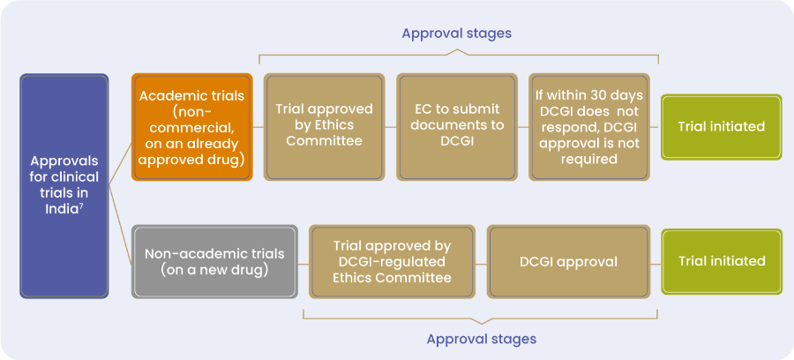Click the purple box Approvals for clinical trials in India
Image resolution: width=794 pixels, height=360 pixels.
(x=64, y=186)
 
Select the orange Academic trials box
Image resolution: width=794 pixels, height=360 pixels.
(x=192, y=127)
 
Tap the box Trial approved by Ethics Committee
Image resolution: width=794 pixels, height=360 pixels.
(x=324, y=127)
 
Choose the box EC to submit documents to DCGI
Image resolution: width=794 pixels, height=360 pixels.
(x=457, y=127)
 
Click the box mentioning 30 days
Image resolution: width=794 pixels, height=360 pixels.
(x=589, y=127)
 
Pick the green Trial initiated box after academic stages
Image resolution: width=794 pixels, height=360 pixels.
(x=722, y=127)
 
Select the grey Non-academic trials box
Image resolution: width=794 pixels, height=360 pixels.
(x=214, y=262)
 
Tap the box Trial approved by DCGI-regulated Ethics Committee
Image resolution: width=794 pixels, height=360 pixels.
(x=393, y=262)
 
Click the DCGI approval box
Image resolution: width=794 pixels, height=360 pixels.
(x=568, y=262)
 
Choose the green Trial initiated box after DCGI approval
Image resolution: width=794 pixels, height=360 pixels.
(x=722, y=261)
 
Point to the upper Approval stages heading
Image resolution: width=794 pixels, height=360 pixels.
(x=457, y=34)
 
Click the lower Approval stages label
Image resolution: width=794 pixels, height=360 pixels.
(x=481, y=339)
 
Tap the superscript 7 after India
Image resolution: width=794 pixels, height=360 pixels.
(x=80, y=206)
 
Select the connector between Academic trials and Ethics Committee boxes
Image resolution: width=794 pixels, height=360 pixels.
(x=258, y=127)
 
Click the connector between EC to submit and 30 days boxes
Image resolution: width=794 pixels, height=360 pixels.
(x=523, y=127)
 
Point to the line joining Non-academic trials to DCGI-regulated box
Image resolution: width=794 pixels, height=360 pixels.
(x=303, y=265)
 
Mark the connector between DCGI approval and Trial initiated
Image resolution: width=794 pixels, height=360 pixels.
(x=655, y=265)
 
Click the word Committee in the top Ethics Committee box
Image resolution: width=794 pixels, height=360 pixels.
(x=324, y=141)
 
